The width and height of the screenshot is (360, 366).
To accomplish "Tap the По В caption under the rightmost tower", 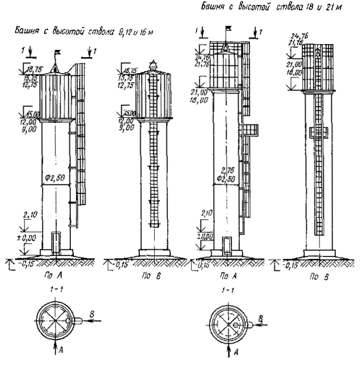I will click(x=305, y=277).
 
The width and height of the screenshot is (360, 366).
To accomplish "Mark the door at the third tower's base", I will click(x=227, y=245).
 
